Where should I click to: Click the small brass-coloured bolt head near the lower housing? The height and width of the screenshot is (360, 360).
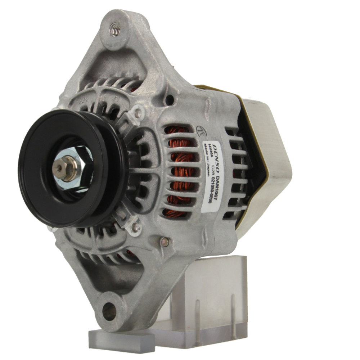165,242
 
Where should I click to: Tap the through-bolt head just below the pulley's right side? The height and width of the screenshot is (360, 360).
135,227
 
